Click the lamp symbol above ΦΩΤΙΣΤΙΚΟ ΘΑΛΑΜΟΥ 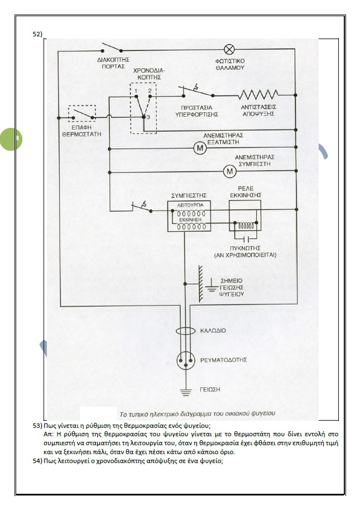(228, 48)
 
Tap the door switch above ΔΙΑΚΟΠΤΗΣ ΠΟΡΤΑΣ (110, 48)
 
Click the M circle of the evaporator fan (199, 148)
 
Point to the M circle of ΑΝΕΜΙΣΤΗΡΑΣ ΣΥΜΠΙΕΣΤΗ (229, 171)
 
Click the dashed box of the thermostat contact (81, 114)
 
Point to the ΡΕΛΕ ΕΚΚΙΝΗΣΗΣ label (246, 192)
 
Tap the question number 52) (38, 34)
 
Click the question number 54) (38, 460)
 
